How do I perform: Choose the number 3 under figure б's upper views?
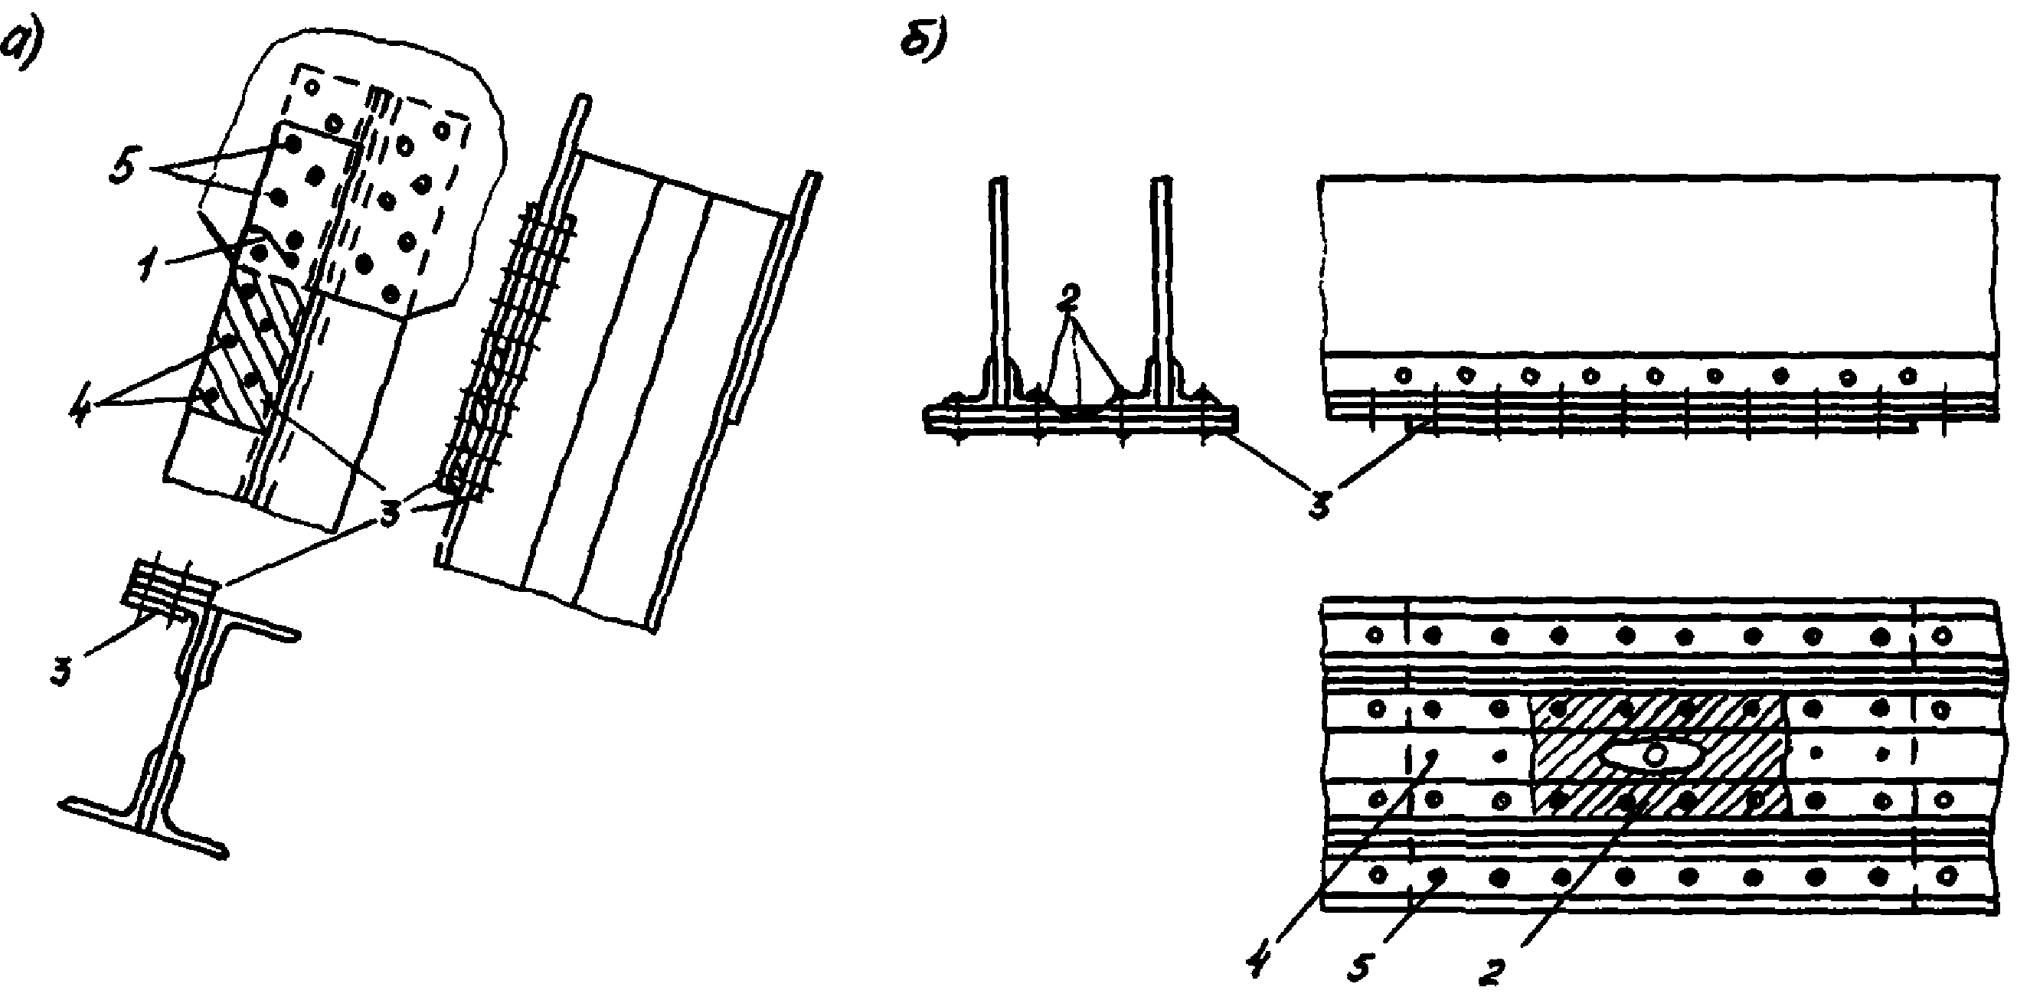point(1320,503)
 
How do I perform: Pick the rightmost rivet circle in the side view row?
point(1909,375)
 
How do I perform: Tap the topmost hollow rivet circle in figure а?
point(312,87)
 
